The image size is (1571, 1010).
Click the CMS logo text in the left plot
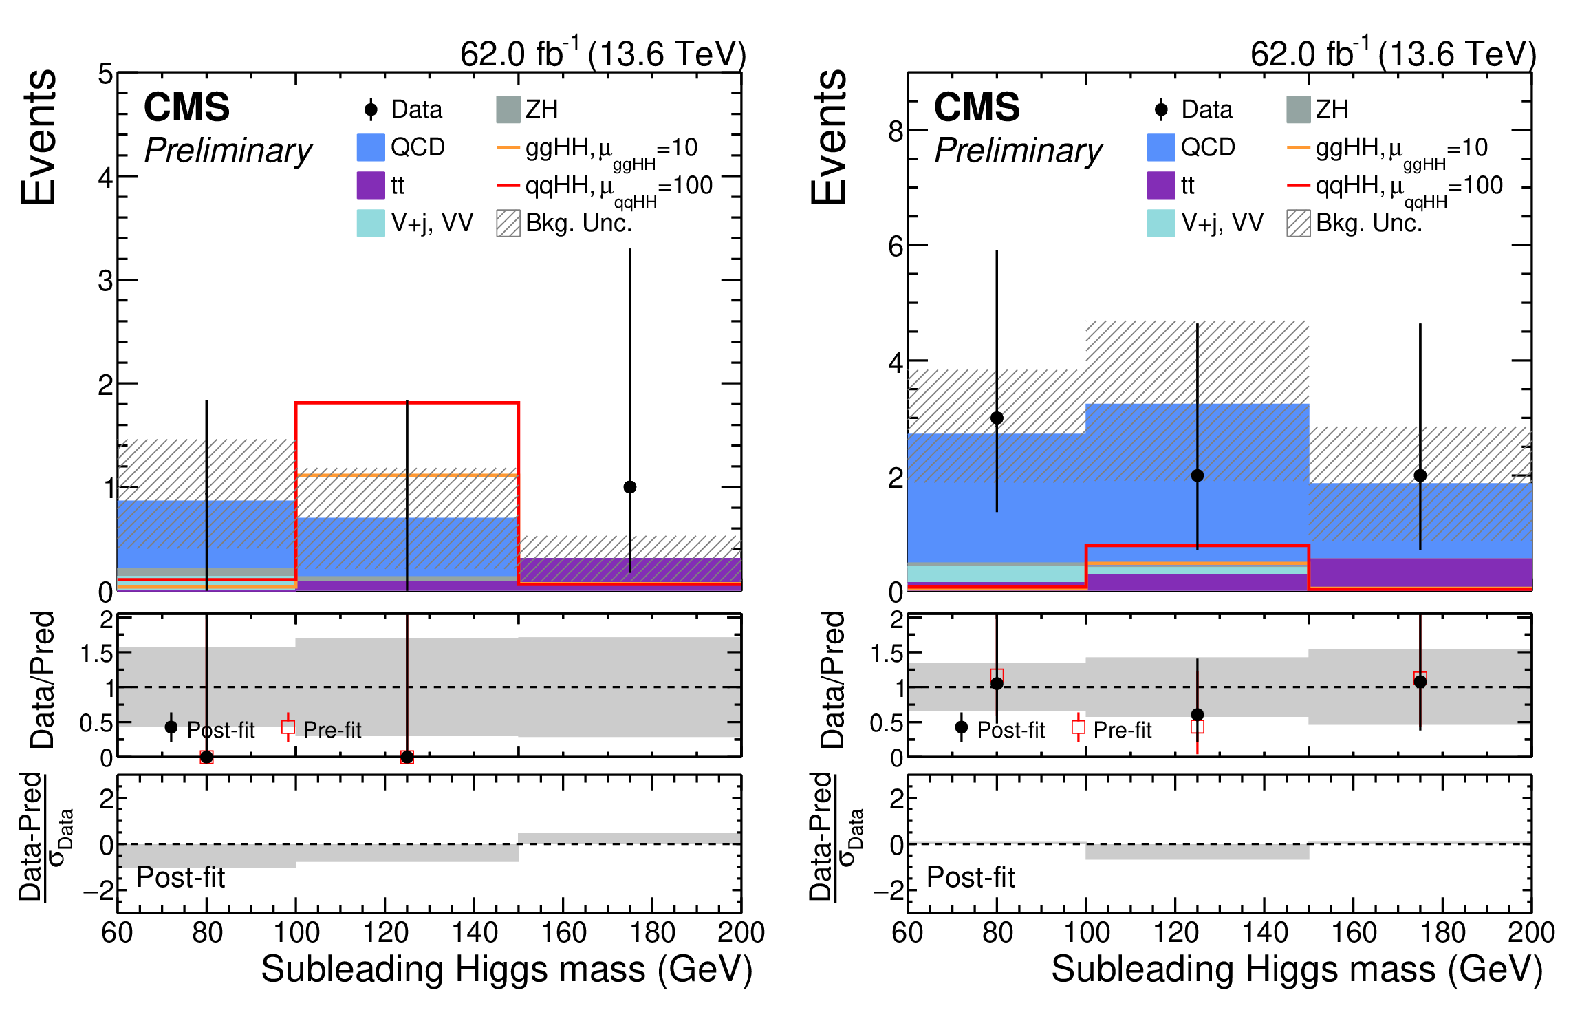[186, 107]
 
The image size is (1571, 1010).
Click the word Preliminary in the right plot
[1018, 151]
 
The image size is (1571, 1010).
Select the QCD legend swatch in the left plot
[370, 147]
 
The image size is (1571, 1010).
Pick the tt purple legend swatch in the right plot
[1160, 185]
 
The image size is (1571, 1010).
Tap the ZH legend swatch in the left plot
[508, 109]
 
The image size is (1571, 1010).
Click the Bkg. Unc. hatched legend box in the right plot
[1298, 224]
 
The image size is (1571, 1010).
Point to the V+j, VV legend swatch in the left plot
[370, 223]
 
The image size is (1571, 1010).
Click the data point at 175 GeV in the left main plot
[629, 487]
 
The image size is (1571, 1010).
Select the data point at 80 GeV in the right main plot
[997, 418]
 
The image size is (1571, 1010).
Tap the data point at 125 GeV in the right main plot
[1197, 475]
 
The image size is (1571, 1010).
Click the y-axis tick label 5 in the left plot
[105, 74]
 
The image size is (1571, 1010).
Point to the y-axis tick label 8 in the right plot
[895, 131]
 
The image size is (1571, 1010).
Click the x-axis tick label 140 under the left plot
[475, 933]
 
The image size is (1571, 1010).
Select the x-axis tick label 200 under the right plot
[1531, 933]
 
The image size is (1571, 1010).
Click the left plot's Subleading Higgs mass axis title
[506, 969]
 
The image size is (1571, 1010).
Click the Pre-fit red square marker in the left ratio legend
[288, 727]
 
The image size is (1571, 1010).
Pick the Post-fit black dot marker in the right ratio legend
[962, 727]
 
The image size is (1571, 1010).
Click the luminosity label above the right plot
[1393, 54]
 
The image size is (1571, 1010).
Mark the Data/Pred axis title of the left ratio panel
[43, 680]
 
